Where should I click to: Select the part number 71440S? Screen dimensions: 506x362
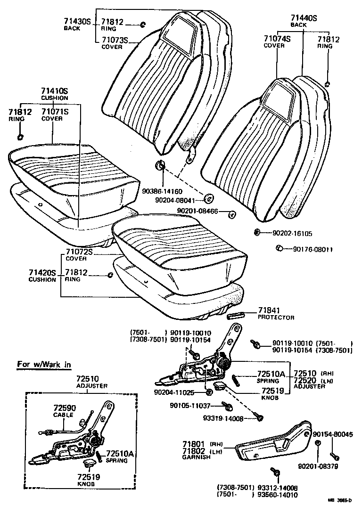click(304, 18)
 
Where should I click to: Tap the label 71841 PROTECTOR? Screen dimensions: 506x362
click(276, 313)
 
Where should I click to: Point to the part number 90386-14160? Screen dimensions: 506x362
click(162, 192)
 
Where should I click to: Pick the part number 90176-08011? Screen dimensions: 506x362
click(313, 249)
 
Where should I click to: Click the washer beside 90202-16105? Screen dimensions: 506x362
click(257, 232)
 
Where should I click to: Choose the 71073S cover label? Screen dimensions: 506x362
click(115, 41)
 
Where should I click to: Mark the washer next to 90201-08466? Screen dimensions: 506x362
click(232, 215)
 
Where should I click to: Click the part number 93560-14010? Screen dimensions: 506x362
click(279, 495)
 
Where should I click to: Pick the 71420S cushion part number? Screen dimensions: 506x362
click(42, 273)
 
